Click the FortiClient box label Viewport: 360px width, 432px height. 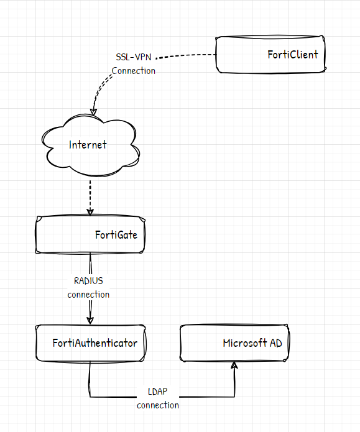pos(293,55)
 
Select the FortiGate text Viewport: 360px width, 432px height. pos(116,235)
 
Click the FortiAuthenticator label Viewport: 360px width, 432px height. pos(95,343)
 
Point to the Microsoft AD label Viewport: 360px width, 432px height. pos(252,343)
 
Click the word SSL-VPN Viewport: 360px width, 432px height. pos(134,57)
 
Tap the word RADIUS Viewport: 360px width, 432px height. pos(88,281)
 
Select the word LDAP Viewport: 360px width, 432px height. pos(157,392)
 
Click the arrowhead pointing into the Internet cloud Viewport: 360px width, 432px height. pos(93,112)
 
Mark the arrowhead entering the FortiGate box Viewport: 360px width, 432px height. pos(90,212)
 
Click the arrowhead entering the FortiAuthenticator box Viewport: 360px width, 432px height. pos(90,320)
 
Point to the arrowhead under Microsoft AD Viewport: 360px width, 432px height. pos(234,365)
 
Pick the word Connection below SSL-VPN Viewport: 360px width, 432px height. pos(134,71)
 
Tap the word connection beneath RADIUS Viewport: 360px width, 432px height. pos(88,295)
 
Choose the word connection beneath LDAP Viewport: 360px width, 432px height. pos(158,405)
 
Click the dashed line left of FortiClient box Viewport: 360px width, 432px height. pos(186,56)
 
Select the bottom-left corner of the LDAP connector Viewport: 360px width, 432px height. pos(90,397)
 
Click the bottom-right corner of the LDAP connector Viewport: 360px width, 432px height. pos(234,397)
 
